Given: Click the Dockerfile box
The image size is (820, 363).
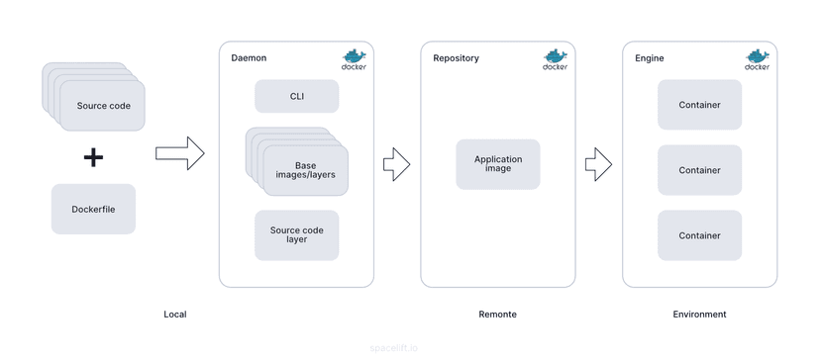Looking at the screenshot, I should [x=93, y=209].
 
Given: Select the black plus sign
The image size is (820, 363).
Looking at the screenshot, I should [x=93, y=156].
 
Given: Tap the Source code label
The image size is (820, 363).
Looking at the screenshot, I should [x=104, y=106].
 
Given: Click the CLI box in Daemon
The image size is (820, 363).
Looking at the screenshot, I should [x=296, y=96].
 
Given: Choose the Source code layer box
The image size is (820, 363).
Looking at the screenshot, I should [x=296, y=234].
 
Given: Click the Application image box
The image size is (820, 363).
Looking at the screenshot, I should [x=497, y=164].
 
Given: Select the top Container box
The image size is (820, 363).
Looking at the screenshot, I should [x=699, y=105].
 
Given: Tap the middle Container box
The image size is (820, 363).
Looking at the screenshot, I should [x=699, y=170].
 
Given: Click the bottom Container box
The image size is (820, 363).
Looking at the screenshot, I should [x=699, y=235].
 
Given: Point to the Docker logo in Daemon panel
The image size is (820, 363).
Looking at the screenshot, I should [x=354, y=59].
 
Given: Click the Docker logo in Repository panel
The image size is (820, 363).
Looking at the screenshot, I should [x=555, y=59].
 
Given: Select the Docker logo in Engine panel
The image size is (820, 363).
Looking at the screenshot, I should [x=757, y=59].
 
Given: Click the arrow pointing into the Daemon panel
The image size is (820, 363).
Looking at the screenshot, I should [x=179, y=153].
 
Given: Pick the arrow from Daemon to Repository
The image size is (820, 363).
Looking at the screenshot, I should [x=396, y=164].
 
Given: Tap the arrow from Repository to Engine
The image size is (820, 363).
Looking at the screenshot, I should [x=598, y=164].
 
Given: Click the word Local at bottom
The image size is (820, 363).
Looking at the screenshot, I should [x=174, y=315].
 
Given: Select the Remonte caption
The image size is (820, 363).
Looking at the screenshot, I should [x=497, y=315].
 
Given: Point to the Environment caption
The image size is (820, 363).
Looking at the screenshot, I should [x=699, y=315].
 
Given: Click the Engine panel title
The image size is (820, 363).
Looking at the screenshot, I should [x=649, y=58].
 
